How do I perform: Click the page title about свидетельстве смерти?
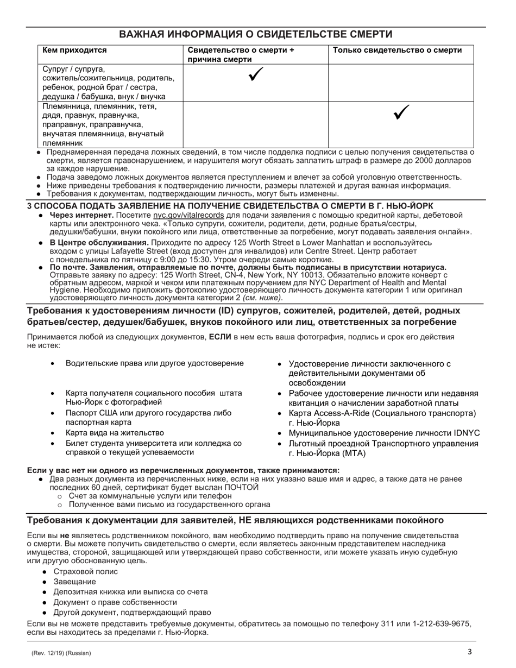[256, 34]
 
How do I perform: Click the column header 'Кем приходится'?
[75, 51]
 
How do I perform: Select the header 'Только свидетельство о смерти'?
[397, 51]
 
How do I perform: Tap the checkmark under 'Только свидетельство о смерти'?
[401, 112]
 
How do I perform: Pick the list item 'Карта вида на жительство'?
[115, 433]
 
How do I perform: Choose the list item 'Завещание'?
[74, 582]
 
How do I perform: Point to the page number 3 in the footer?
[470, 652]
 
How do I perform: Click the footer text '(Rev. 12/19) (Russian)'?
[61, 653]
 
